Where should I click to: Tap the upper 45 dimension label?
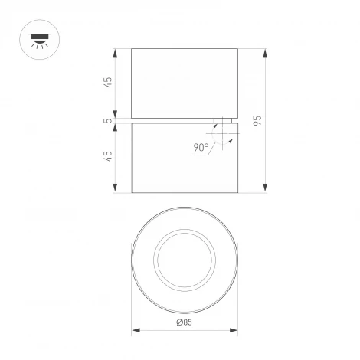click(x=108, y=83)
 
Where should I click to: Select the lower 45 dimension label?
click(x=108, y=156)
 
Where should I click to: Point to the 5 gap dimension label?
click(x=108, y=120)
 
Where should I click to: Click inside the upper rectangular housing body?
click(x=184, y=83)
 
